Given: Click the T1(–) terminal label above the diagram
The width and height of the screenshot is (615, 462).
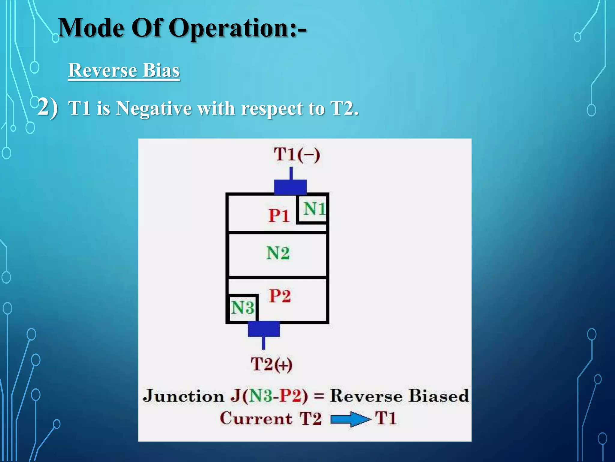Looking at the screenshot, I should (x=297, y=155).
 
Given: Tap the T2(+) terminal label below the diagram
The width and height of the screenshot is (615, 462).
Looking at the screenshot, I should (x=271, y=364).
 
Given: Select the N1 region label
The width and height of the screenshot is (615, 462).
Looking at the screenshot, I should (x=314, y=209).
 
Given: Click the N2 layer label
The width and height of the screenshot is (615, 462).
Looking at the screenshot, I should (x=278, y=253).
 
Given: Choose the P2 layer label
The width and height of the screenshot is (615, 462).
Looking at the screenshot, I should (x=280, y=296).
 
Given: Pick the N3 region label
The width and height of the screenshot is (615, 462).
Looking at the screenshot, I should (x=242, y=308).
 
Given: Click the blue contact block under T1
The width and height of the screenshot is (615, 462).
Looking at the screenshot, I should (x=290, y=187).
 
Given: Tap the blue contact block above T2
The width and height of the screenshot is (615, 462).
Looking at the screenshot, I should (x=264, y=329).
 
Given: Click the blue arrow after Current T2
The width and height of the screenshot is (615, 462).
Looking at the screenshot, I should (x=350, y=419).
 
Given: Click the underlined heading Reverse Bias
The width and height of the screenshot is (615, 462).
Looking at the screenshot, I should (x=124, y=70).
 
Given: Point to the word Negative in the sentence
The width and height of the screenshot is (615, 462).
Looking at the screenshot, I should (x=154, y=108).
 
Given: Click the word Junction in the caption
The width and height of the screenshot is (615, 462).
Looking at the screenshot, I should (x=183, y=396).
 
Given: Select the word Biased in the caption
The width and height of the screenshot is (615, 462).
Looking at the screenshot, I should (x=438, y=396).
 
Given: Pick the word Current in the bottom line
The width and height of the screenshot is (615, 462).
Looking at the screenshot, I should (x=256, y=418).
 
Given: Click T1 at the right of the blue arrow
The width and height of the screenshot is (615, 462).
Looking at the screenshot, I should (x=386, y=418).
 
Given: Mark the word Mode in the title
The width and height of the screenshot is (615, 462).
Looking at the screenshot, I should (x=91, y=28).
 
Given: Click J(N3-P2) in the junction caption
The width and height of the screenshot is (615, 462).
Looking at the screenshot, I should (x=269, y=396).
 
